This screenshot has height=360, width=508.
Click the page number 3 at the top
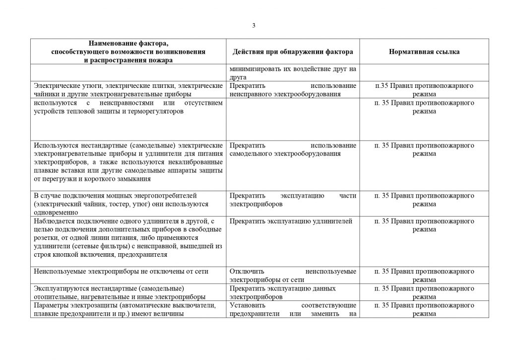tap(254, 26)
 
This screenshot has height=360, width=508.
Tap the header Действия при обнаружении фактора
tap(293, 52)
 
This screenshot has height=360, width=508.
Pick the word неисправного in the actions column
tap(252, 94)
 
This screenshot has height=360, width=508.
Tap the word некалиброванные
tap(195, 162)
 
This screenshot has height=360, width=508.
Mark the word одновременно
tap(55, 213)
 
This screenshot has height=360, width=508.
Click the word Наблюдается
tap(56, 221)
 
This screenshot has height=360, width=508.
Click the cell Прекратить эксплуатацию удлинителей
tap(291, 221)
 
